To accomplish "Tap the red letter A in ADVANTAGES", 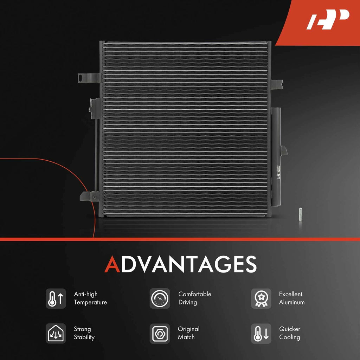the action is pos(112,264).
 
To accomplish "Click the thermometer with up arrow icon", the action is pos(56,299).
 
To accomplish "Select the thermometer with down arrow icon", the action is pos(261,334).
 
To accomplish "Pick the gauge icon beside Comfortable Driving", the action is pos(160,299).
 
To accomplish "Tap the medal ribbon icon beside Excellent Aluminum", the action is pos(261,299).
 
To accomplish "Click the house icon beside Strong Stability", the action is pos(56,334).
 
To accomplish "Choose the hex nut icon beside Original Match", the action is pos(160,334).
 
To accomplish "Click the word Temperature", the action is pos(90,303).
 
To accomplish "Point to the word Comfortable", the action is pos(195,294).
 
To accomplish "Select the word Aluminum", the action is pos(292,302).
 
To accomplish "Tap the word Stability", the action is pos(84,337).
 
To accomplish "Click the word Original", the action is pos(188,329).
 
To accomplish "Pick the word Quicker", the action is pos(290,329).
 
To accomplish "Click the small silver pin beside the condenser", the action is pos(300,214).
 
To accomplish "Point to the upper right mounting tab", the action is pos(277,84).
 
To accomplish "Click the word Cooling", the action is pos(290,337).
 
